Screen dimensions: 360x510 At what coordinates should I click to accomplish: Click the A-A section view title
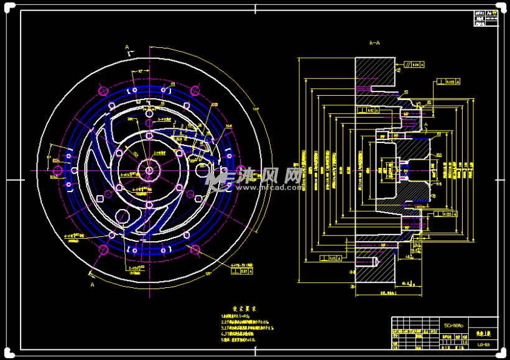(374, 44)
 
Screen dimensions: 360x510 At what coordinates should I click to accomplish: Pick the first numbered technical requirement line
(237, 317)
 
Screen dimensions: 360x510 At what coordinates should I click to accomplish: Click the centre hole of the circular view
(149, 168)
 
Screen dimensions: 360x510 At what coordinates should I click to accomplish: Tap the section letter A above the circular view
(127, 47)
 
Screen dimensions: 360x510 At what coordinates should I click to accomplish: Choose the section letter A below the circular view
(92, 284)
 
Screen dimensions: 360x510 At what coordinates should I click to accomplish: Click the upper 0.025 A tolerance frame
(449, 81)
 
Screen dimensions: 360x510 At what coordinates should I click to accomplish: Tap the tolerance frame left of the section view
(330, 257)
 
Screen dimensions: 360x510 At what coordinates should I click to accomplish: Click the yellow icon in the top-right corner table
(489, 12)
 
